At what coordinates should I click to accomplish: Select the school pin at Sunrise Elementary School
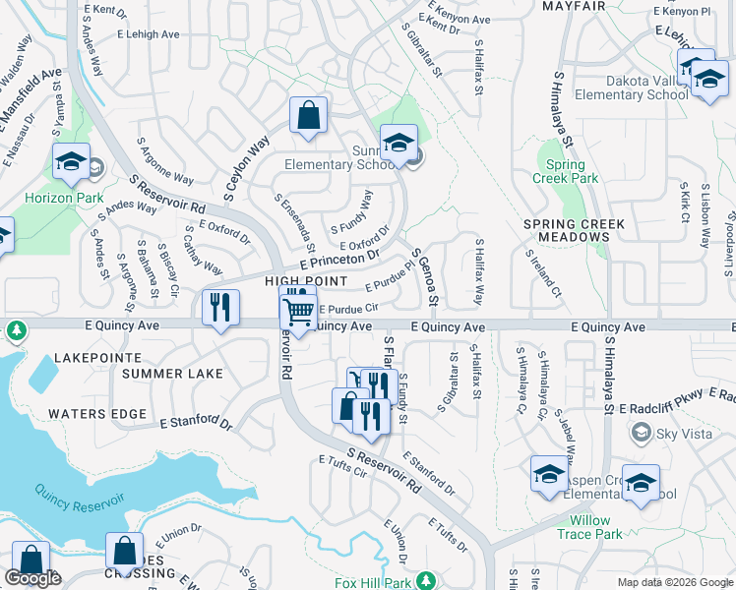(399, 145)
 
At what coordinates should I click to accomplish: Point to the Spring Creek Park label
(572, 172)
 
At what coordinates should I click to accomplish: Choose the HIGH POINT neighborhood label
(294, 281)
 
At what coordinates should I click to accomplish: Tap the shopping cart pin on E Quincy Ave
(298, 314)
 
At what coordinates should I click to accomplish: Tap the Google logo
(32, 578)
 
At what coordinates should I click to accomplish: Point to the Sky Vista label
(680, 433)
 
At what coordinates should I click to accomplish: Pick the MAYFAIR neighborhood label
(574, 6)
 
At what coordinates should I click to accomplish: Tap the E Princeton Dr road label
(333, 260)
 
